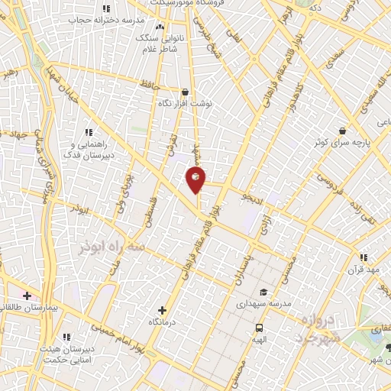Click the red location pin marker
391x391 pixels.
(195, 179)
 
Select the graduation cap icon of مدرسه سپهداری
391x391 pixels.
(263, 292)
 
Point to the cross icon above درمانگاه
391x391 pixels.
(161, 310)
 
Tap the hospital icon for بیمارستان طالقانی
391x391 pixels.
(27, 295)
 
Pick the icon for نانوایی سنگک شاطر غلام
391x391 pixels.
(160, 28)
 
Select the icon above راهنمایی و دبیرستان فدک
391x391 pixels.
(89, 132)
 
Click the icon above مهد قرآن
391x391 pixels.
(364, 257)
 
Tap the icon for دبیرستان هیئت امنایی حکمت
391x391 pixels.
(67, 335)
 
